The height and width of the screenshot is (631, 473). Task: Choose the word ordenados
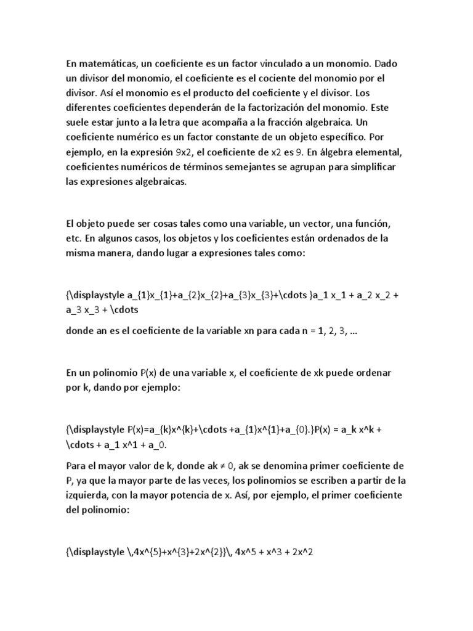(x=355, y=238)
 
